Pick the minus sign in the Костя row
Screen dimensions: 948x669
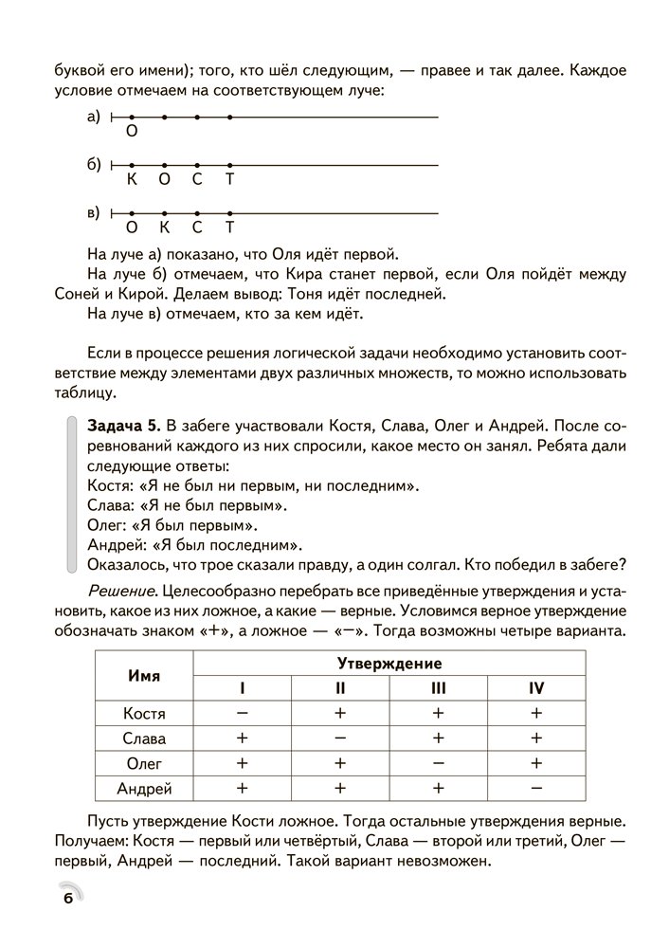click(x=243, y=713)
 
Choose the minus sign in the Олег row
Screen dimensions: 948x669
click(x=438, y=762)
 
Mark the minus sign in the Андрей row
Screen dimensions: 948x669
click(x=535, y=787)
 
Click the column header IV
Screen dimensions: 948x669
click(x=535, y=688)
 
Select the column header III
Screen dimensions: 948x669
click(x=438, y=688)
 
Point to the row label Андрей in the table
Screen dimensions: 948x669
click(x=144, y=787)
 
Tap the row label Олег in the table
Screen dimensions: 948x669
click(x=144, y=762)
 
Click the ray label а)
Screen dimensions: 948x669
click(x=94, y=117)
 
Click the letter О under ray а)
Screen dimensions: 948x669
click(x=132, y=133)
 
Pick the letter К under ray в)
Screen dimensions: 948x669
click(x=164, y=228)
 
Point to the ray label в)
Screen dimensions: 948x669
click(x=94, y=211)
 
